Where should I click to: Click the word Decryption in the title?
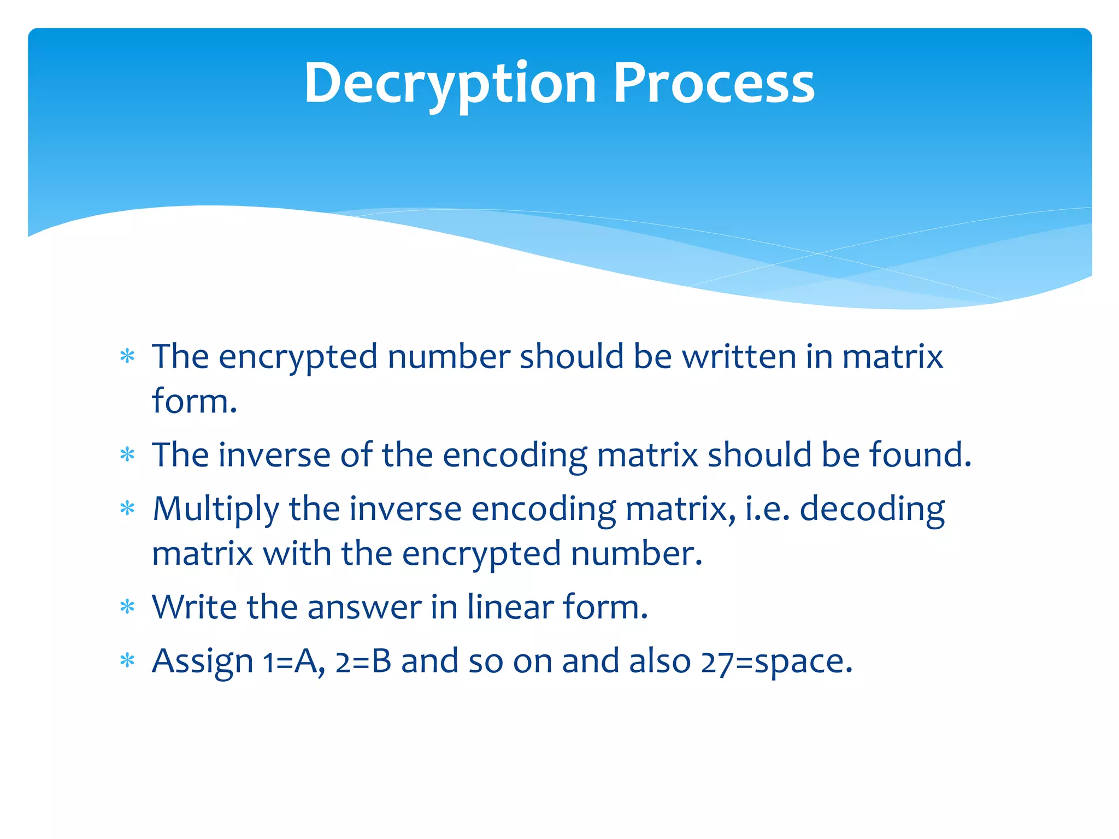click(x=449, y=84)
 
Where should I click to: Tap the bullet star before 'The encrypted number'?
click(x=127, y=357)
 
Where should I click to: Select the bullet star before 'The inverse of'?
click(x=127, y=454)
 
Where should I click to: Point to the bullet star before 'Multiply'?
click(x=127, y=509)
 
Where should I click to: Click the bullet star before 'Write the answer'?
click(x=127, y=606)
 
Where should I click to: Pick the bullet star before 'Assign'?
click(x=127, y=660)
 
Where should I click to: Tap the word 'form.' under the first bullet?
click(x=195, y=401)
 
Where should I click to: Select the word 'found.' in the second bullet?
click(x=920, y=454)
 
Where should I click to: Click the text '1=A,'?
click(x=294, y=661)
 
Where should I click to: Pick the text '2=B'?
click(x=363, y=661)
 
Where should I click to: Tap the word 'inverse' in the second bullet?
click(x=274, y=454)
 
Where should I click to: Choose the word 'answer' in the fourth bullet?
click(x=364, y=607)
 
